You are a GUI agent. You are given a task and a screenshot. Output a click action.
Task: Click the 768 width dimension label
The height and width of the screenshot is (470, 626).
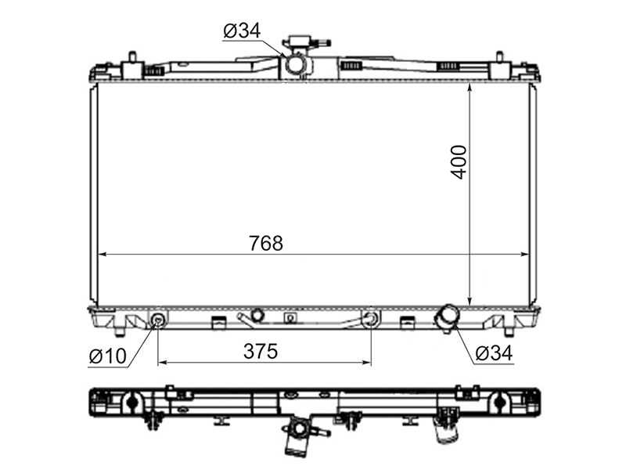pyautogui.click(x=266, y=243)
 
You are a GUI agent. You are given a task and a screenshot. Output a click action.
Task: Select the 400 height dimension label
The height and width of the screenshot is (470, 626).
pyautogui.click(x=459, y=162)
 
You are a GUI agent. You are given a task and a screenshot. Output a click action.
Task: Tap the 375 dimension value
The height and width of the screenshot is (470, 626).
pyautogui.click(x=261, y=351)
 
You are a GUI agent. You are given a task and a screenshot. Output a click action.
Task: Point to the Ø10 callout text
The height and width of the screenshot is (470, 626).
pyautogui.click(x=108, y=356)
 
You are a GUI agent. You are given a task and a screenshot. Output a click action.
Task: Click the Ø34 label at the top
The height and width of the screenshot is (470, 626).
pyautogui.click(x=243, y=31)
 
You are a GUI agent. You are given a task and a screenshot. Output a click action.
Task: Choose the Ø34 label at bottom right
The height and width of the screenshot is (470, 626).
pyautogui.click(x=495, y=353)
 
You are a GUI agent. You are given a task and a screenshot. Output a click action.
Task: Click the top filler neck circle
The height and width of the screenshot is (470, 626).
pyautogui.click(x=296, y=64)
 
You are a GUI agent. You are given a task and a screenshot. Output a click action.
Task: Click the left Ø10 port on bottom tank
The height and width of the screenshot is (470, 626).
pyautogui.click(x=158, y=320)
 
